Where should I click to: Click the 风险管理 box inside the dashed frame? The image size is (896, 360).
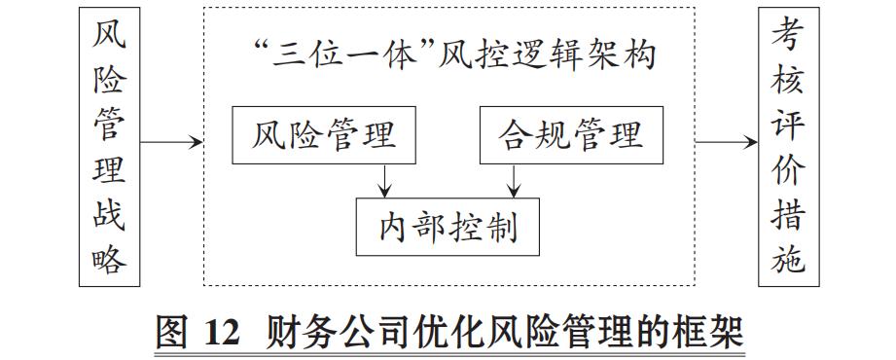coord(325,135)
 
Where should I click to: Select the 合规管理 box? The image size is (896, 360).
coord(573,135)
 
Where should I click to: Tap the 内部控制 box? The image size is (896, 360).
coord(447,227)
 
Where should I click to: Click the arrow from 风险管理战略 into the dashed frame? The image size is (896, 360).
coord(171,143)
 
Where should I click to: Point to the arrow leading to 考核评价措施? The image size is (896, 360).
coord(726,143)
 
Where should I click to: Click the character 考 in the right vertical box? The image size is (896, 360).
coord(789,36)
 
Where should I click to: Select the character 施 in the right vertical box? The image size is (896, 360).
coord(789,259)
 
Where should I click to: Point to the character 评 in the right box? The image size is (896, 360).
coord(789,125)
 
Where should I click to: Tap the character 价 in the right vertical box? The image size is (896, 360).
coord(789,169)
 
